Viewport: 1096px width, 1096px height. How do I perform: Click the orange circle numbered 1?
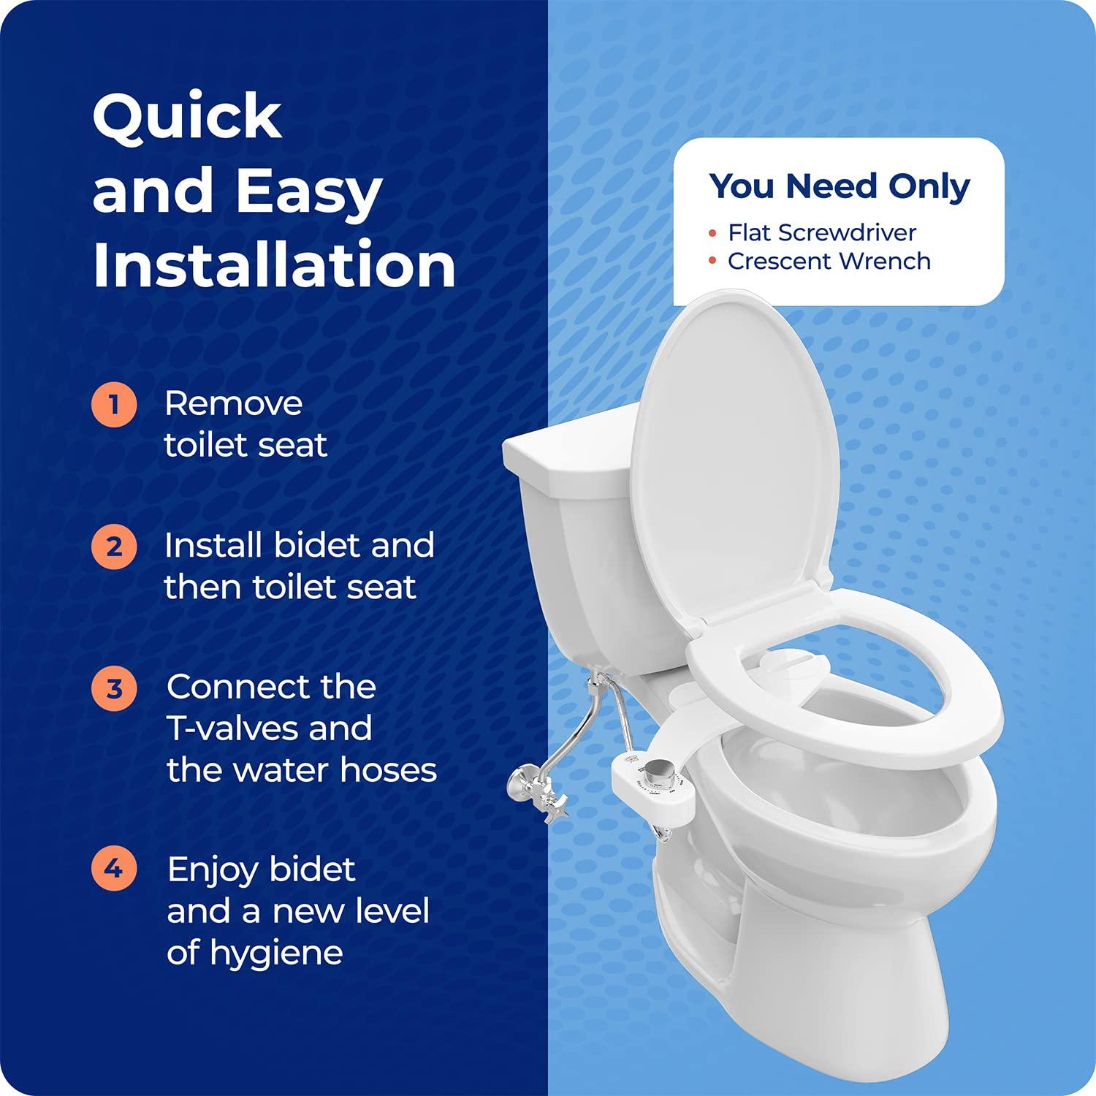pyautogui.click(x=114, y=403)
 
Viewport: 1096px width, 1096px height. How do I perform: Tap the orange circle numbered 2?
pyautogui.click(x=114, y=546)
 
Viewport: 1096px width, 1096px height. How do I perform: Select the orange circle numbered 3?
pyautogui.click(x=114, y=688)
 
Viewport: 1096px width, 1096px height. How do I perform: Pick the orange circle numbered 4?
pyautogui.click(x=114, y=869)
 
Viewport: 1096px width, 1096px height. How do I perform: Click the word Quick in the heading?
pyautogui.click(x=187, y=117)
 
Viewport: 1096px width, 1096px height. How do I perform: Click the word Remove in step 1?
pyautogui.click(x=233, y=403)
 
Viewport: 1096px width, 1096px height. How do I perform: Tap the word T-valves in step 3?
pyautogui.click(x=269, y=728)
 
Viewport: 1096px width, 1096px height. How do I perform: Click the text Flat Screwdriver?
pyautogui.click(x=821, y=232)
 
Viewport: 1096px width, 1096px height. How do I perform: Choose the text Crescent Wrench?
pyautogui.click(x=829, y=261)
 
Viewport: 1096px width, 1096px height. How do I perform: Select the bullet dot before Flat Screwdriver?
pyautogui.click(x=712, y=233)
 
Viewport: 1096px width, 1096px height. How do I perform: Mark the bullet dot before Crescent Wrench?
pyautogui.click(x=712, y=262)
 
